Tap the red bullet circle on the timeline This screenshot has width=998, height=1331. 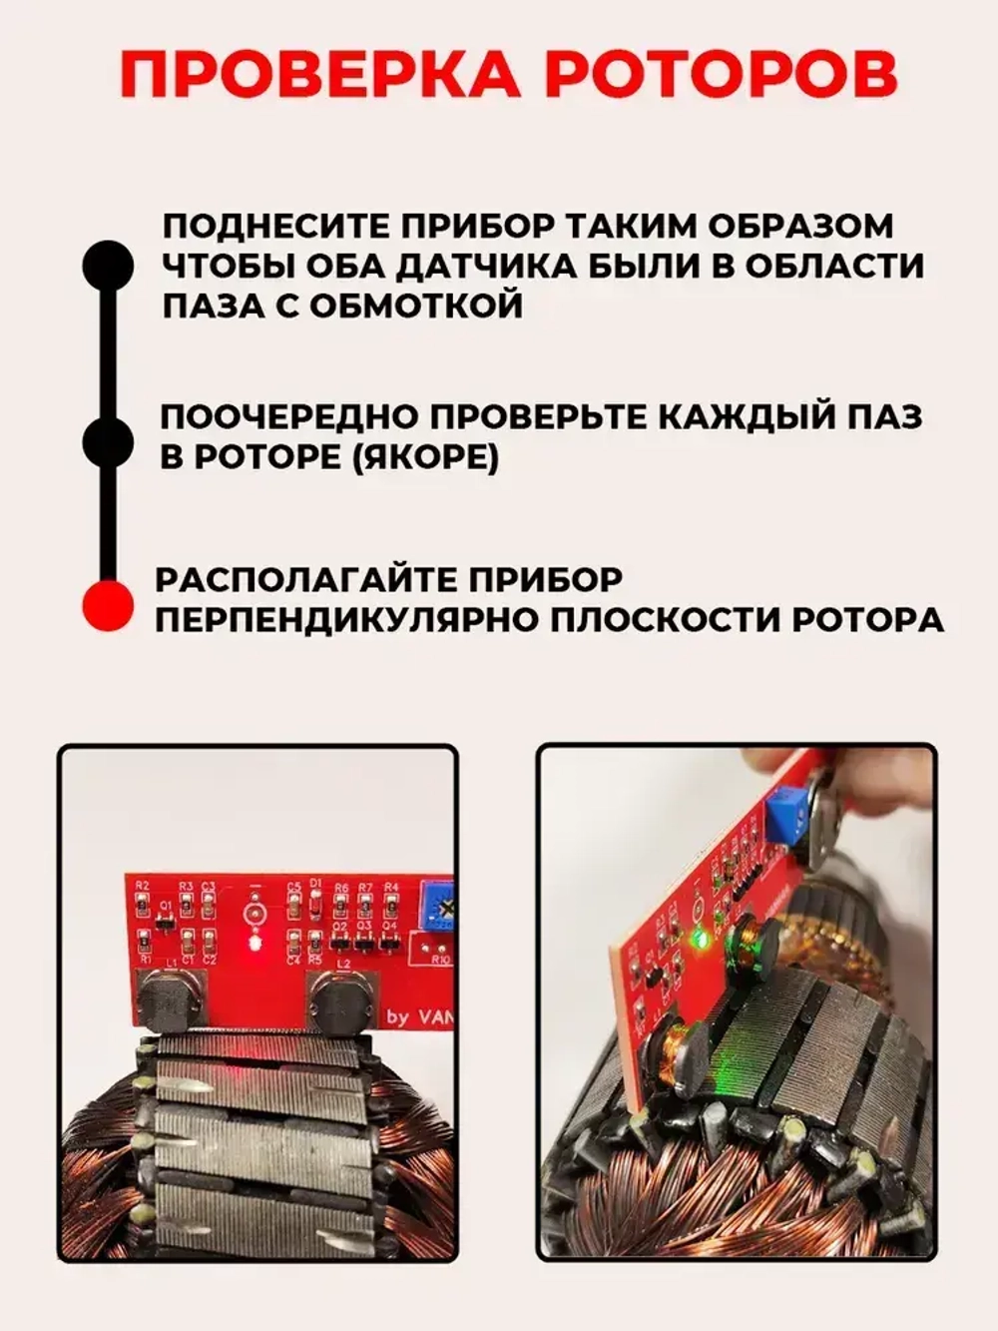tap(107, 605)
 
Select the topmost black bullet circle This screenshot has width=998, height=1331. tap(107, 266)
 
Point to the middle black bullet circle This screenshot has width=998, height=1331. tap(107, 441)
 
